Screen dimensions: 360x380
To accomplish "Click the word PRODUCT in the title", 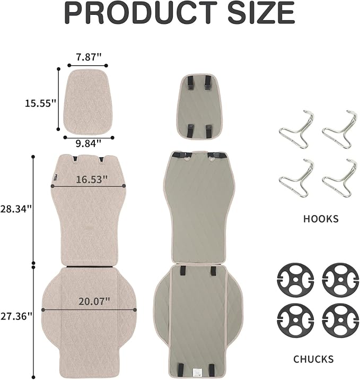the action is coord(141,13).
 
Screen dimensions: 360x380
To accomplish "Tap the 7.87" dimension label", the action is coord(89,57).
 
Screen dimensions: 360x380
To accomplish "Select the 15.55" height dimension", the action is coord(41,103).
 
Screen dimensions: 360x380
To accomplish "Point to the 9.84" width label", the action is coord(89,143).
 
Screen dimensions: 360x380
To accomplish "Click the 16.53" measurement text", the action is coord(92,179).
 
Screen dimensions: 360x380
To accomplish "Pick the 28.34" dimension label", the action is coord(16,209).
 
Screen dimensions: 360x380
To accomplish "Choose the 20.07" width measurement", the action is coord(94,301).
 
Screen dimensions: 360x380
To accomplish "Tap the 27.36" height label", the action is coord(16,316).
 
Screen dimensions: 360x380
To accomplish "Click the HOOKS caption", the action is coord(321,219).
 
